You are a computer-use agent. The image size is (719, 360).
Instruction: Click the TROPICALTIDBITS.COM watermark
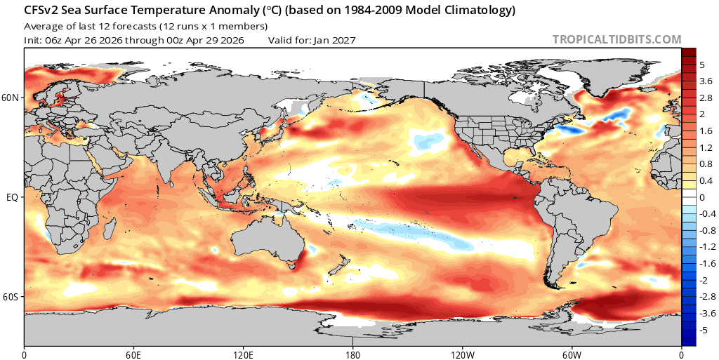pyautogui.click(x=617, y=40)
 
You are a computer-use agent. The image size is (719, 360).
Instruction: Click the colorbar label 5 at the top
pyautogui.click(x=702, y=65)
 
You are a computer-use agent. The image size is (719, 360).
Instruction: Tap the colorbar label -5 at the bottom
pyautogui.click(x=704, y=330)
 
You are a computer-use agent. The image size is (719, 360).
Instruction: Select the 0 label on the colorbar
pyautogui.click(x=702, y=197)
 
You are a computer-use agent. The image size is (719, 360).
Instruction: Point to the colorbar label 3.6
pyautogui.click(x=705, y=81)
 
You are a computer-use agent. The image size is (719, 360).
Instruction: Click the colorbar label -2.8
pyautogui.click(x=707, y=297)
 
